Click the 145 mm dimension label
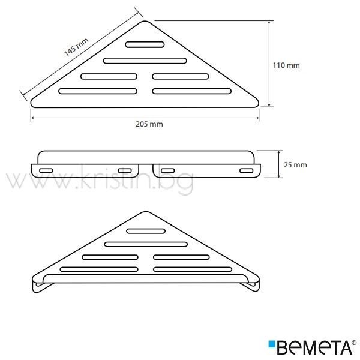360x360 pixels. coord(76,47)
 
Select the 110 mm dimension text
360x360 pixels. coord(286,65)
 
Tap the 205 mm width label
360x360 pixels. coord(149,124)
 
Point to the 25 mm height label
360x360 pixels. coord(295,165)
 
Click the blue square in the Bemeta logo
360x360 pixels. coord(272,344)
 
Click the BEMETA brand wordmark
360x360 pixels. coord(314,347)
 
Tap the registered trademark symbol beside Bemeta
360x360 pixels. coord(354,343)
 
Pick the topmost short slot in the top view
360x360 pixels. coord(145,44)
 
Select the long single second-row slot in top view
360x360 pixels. coord(145,61)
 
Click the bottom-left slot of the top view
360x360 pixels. coord(98,91)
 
